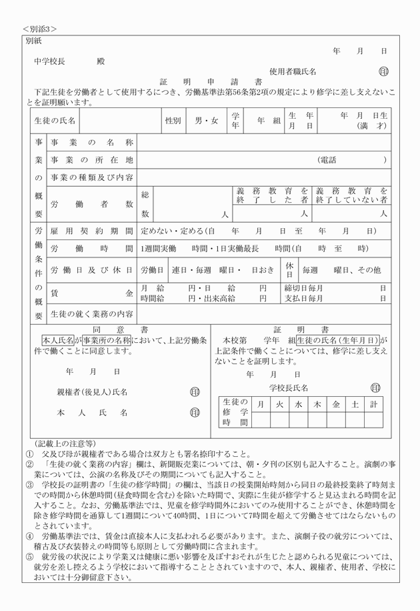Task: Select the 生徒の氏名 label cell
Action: click(55, 121)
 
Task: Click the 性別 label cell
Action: click(173, 121)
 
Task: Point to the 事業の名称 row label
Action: click(92, 143)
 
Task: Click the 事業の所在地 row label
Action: click(92, 160)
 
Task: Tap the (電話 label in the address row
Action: click(327, 160)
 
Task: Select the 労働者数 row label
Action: click(92, 204)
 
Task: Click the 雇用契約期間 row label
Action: click(92, 231)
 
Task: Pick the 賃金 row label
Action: click(92, 293)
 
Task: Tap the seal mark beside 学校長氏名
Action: click(375, 388)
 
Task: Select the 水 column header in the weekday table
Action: click(298, 404)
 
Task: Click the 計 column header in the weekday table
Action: click(374, 404)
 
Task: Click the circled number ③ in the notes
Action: click(29, 485)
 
